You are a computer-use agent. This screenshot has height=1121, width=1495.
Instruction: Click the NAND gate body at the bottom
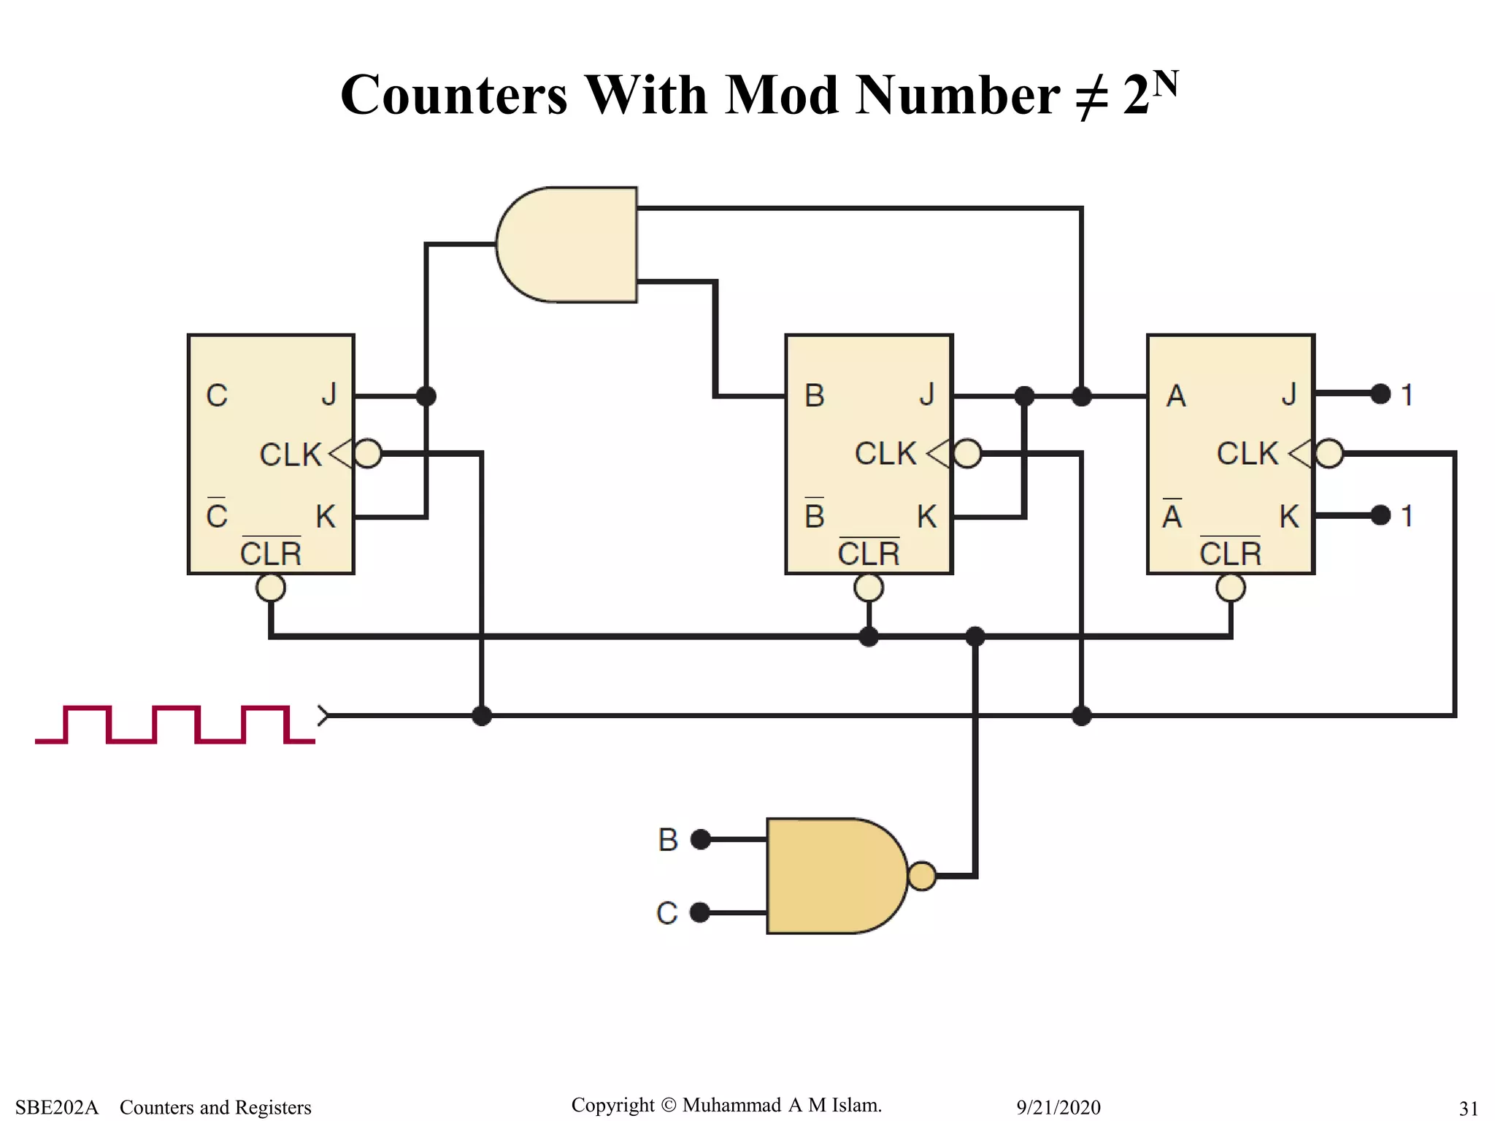pyautogui.click(x=832, y=876)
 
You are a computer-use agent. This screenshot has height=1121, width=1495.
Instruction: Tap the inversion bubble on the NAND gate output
pyautogui.click(x=922, y=876)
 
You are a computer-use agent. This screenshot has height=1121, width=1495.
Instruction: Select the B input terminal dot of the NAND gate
pyautogui.click(x=701, y=839)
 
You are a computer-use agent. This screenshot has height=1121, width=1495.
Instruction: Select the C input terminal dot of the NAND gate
pyautogui.click(x=700, y=912)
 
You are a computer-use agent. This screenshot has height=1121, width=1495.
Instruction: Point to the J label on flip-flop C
pyautogui.click(x=329, y=395)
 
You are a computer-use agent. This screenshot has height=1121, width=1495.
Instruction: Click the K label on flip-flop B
pyautogui.click(x=926, y=517)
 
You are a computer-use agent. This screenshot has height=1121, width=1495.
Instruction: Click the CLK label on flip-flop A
pyautogui.click(x=1247, y=454)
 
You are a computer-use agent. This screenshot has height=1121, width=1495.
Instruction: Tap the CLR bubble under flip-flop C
pyautogui.click(x=271, y=588)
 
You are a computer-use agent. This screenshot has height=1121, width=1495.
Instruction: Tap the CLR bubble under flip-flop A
pyautogui.click(x=1231, y=588)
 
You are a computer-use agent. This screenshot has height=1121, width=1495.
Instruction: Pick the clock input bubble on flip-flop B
pyautogui.click(x=968, y=453)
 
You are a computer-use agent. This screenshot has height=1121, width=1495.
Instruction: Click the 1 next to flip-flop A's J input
pyautogui.click(x=1407, y=395)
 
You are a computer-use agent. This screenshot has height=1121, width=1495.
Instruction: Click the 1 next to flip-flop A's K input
pyautogui.click(x=1407, y=516)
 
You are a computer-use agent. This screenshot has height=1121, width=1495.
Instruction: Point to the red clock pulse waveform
pyautogui.click(x=175, y=724)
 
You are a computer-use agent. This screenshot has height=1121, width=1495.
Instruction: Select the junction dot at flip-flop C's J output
pyautogui.click(x=426, y=396)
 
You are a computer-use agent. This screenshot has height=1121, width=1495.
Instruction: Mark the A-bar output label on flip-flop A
pyautogui.click(x=1172, y=515)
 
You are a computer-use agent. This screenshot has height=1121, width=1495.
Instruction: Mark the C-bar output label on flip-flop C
pyautogui.click(x=217, y=515)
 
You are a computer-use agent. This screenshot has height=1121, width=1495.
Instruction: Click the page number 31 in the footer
pyautogui.click(x=1468, y=1108)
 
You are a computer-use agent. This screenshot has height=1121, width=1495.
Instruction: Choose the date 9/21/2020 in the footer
pyautogui.click(x=1058, y=1107)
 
